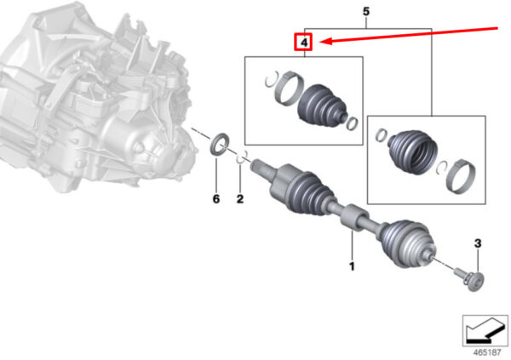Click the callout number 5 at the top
pyautogui.click(x=366, y=12)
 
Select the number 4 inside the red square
pyautogui.click(x=304, y=43)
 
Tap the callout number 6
pyautogui.click(x=216, y=199)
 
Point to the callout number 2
pyautogui.click(x=240, y=199)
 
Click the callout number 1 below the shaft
pyautogui.click(x=352, y=266)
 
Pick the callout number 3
pyautogui.click(x=478, y=243)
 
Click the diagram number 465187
pyautogui.click(x=487, y=352)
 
